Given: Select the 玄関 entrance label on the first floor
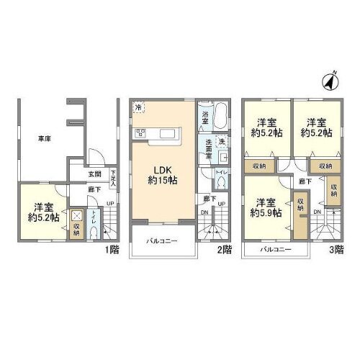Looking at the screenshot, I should (95, 174).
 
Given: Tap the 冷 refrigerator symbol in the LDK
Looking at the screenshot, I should (138, 108).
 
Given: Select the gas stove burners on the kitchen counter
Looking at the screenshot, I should (141, 132).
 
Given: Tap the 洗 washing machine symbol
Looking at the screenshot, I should (222, 142).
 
